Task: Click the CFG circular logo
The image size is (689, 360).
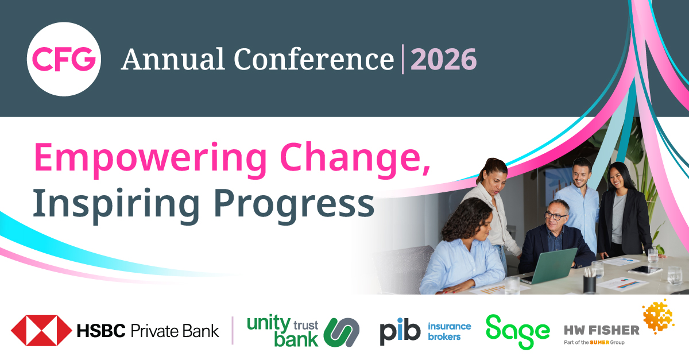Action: [64, 59]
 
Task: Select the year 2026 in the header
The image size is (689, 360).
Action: [443, 59]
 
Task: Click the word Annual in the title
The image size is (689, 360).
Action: [173, 59]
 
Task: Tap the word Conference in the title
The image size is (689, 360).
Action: [313, 59]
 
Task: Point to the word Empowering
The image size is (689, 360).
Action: [150, 160]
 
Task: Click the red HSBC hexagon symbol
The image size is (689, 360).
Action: [41, 331]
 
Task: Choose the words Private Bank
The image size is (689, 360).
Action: [175, 331]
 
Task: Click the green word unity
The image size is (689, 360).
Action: [269, 324]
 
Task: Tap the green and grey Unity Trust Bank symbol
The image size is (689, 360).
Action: [342, 332]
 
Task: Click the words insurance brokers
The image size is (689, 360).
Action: [449, 331]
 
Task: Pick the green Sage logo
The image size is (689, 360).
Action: [518, 332]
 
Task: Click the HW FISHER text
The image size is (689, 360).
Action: [602, 331]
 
